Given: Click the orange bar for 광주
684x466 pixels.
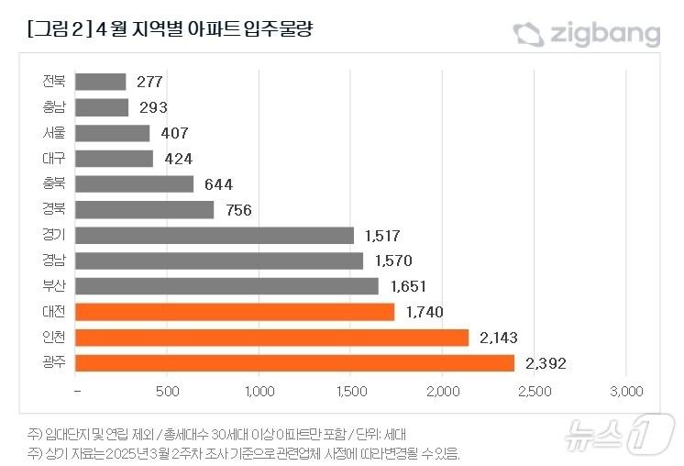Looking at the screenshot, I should coord(294,363).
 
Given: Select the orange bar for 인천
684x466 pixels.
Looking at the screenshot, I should coord(271,338).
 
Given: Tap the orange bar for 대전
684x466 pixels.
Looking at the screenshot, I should coord(235,312).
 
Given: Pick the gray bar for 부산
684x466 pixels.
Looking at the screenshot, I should coord(226,286).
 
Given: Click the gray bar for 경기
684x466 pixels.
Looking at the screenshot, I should coord(215,236).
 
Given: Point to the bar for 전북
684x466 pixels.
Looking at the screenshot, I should coord(101,82).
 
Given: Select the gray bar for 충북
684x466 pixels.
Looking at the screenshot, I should coord(135,184).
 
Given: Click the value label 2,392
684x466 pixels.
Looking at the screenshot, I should coord(546,364).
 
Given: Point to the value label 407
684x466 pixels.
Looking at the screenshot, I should coord(175,133).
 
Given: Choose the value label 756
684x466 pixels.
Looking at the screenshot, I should coord(238,210).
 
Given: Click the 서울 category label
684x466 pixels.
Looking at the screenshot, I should coord(54,133).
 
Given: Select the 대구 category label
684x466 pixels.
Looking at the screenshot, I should coord(54,159).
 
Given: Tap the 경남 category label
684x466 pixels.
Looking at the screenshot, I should coord(54,261).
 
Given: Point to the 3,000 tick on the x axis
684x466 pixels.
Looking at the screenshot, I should coord(626,392).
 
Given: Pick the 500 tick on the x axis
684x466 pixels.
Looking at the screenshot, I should coord(167,392).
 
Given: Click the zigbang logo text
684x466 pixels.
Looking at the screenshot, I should coord(605,35).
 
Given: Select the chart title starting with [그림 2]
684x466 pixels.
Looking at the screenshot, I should coord(172,31).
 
